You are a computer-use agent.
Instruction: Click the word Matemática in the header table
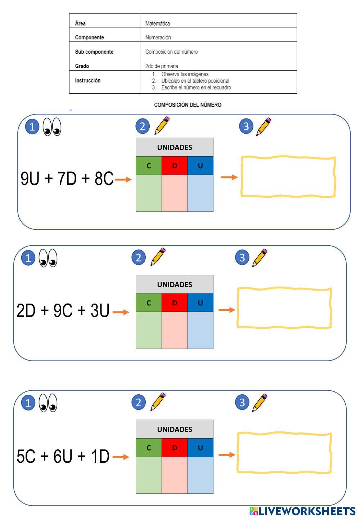(x=157, y=24)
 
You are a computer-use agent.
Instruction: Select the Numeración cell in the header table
(x=158, y=37)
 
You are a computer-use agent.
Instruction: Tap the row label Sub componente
(x=94, y=52)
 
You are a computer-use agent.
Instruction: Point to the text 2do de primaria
(x=162, y=66)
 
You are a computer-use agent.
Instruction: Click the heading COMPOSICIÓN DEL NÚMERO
(x=188, y=105)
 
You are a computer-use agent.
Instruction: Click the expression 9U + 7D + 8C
(x=67, y=179)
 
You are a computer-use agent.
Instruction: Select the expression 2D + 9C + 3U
(x=63, y=311)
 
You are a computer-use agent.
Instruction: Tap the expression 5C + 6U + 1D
(x=63, y=457)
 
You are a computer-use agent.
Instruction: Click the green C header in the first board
(x=149, y=166)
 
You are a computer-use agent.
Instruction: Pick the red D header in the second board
(x=175, y=303)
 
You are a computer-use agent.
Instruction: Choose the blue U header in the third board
(x=200, y=448)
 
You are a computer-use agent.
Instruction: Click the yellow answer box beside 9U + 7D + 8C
(x=288, y=177)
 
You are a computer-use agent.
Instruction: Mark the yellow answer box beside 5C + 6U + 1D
(x=284, y=453)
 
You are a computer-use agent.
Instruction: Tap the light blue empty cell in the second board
(x=200, y=330)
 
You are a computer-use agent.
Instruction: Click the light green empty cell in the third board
(x=149, y=475)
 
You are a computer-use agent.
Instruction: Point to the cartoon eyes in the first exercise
(x=52, y=127)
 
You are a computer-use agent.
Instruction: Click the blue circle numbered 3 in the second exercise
(x=242, y=257)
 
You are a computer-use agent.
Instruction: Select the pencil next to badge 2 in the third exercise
(x=158, y=402)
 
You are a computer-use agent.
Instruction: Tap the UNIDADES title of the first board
(x=175, y=147)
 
